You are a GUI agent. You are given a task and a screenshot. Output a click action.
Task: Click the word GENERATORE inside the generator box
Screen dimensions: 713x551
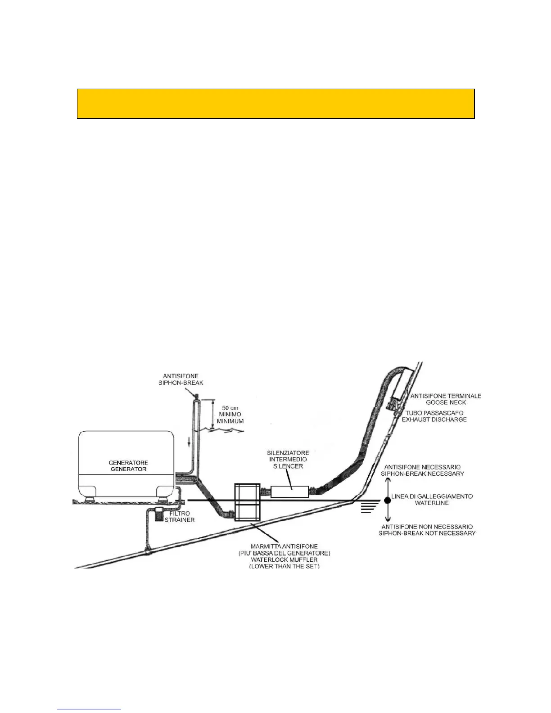pyautogui.click(x=128, y=462)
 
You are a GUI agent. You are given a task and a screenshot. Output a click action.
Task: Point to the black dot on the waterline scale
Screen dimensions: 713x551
pyautogui.click(x=387, y=500)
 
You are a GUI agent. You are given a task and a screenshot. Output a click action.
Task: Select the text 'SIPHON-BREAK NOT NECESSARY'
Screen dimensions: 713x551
pyautogui.click(x=428, y=533)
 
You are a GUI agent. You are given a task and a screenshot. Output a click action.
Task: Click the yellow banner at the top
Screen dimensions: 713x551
pyautogui.click(x=275, y=104)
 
